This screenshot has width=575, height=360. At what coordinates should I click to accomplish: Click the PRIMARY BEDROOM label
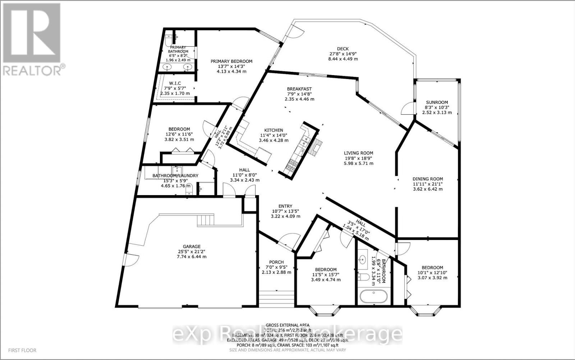(x=231, y=61)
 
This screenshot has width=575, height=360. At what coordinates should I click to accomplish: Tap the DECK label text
(x=342, y=49)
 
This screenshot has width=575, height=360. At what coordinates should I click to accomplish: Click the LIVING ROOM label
(x=358, y=153)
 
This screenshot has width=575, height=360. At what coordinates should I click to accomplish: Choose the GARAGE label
(x=191, y=246)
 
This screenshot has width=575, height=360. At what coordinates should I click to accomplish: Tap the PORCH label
(x=276, y=262)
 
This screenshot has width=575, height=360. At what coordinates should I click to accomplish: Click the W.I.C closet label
(x=175, y=83)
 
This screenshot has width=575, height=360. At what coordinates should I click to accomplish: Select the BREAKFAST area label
(x=299, y=89)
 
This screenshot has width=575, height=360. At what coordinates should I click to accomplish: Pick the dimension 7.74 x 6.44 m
(x=191, y=257)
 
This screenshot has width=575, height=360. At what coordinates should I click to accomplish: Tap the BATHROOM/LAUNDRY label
(x=175, y=175)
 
